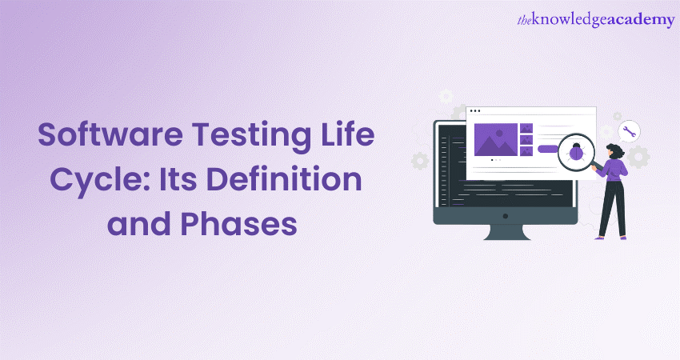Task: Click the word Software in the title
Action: pos(110,134)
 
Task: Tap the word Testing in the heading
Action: pos(251,137)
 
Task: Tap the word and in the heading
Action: pos(138,223)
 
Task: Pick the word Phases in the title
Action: pos(238,223)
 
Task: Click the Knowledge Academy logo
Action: pos(596,20)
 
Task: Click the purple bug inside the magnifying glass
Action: pos(576,152)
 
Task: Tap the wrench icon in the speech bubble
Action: pos(629,131)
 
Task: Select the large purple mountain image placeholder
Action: pos(496,140)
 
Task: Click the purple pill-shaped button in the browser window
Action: pos(548,150)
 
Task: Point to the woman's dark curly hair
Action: pos(617,150)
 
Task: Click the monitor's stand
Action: pos(507,232)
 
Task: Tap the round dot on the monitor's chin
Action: pos(506,215)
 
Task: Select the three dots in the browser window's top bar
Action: pos(475,111)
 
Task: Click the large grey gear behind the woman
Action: pos(638,157)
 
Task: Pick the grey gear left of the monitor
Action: pos(420,161)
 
